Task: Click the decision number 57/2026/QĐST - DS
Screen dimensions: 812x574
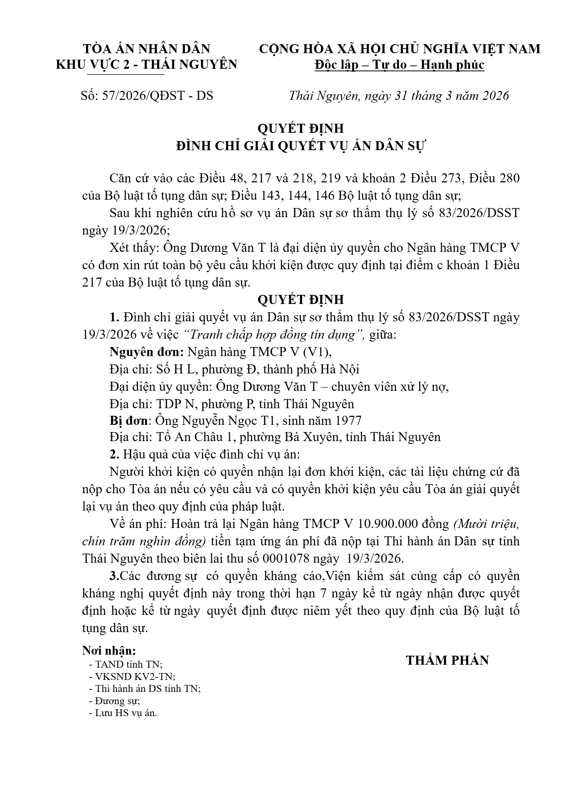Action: pyautogui.click(x=158, y=96)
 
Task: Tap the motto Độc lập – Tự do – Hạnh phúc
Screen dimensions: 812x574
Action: pyautogui.click(x=400, y=65)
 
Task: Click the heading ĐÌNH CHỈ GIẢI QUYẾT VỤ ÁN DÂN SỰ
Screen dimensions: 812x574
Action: pyautogui.click(x=301, y=146)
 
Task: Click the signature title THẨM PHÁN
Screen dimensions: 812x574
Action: pyautogui.click(x=447, y=660)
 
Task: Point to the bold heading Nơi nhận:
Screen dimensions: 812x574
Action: pyautogui.click(x=109, y=650)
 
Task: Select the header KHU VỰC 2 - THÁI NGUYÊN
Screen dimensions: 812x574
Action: pyautogui.click(x=147, y=64)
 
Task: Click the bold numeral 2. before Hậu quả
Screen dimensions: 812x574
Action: pyautogui.click(x=115, y=454)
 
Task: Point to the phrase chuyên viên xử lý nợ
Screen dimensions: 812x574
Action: pyautogui.click(x=390, y=387)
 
